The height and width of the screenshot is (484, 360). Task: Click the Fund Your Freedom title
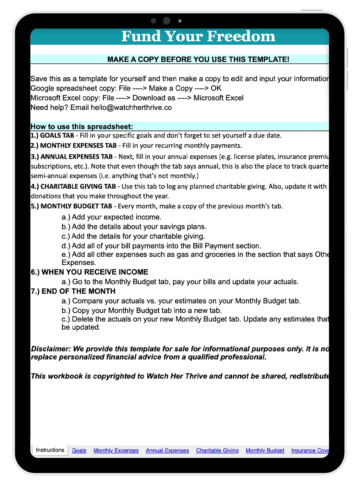pyautogui.click(x=198, y=36)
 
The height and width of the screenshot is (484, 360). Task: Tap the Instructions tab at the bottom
pyautogui.click(x=50, y=450)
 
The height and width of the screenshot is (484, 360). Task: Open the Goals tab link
pyautogui.click(x=79, y=450)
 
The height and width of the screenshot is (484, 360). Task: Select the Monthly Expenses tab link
pyautogui.click(x=116, y=450)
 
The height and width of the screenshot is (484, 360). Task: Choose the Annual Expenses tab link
pyautogui.click(x=167, y=450)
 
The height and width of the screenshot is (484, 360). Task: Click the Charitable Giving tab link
pyautogui.click(x=217, y=450)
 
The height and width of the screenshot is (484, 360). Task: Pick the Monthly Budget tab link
pyautogui.click(x=265, y=450)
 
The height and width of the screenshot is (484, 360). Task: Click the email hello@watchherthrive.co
pyautogui.click(x=131, y=107)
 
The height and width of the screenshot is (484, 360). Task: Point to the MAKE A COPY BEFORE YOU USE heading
pyautogui.click(x=198, y=59)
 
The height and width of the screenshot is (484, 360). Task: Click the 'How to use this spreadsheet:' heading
pyautogui.click(x=82, y=127)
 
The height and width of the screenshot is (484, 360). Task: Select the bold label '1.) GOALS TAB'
pyautogui.click(x=53, y=135)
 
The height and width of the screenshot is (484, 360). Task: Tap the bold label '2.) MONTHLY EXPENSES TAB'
pyautogui.click(x=74, y=146)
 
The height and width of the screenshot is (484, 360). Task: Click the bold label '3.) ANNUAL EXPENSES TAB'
pyautogui.click(x=72, y=157)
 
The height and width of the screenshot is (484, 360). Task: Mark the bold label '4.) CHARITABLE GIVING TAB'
pyautogui.click(x=73, y=186)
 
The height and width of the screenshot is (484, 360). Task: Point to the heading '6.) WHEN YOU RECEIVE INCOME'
pyautogui.click(x=90, y=272)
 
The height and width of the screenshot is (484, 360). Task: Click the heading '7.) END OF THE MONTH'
pyautogui.click(x=73, y=291)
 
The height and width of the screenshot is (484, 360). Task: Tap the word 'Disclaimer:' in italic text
pyautogui.click(x=51, y=349)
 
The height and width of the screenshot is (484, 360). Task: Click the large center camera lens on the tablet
pyautogui.click(x=167, y=21)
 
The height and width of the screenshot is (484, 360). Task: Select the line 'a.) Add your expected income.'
pyautogui.click(x=111, y=217)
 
